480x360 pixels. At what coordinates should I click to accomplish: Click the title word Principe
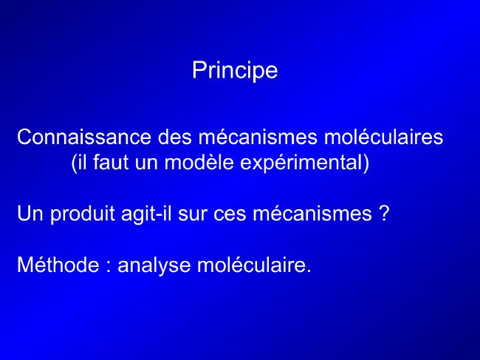[x=235, y=71]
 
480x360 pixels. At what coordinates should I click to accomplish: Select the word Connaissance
[x=84, y=137]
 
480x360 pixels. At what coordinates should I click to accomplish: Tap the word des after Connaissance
[x=174, y=137]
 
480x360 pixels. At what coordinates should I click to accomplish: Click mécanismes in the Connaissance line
[x=258, y=137]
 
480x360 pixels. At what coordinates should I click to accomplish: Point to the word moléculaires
[x=383, y=137]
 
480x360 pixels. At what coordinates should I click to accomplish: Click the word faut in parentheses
[x=111, y=162]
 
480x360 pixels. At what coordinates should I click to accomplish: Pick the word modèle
[x=199, y=162]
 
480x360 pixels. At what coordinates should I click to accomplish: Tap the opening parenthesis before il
[x=74, y=163]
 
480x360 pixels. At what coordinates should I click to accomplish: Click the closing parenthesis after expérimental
[x=366, y=163]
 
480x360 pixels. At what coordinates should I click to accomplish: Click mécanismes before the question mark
[x=312, y=213]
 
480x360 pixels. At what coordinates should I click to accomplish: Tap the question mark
[x=384, y=213]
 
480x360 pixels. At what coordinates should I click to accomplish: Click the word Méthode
[x=58, y=265]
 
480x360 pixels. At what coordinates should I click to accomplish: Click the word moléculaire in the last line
[x=251, y=265]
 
